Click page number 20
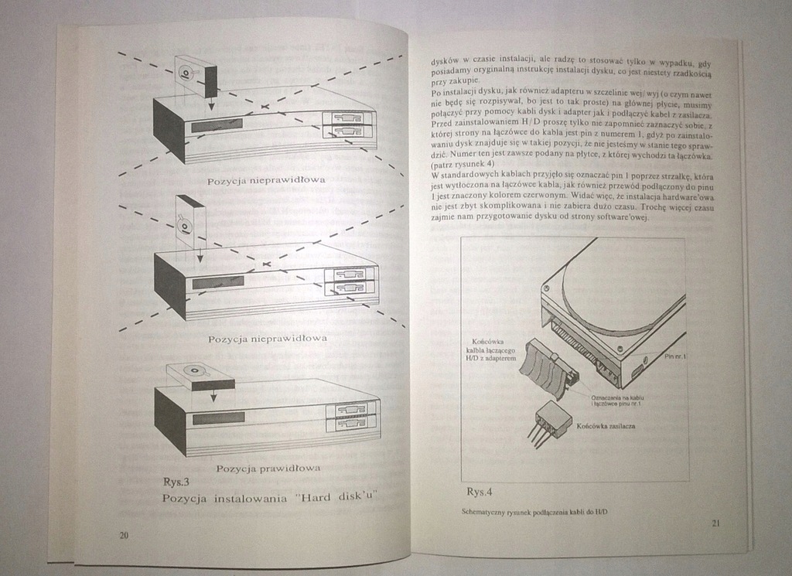tap(125, 535)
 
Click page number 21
tap(715, 523)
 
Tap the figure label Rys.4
tap(480, 492)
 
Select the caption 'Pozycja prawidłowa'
tap(268, 468)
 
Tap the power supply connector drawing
tap(552, 420)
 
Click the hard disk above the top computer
tap(193, 75)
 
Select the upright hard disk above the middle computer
tap(189, 220)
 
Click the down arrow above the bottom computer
tap(213, 394)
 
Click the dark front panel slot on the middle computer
tap(218, 282)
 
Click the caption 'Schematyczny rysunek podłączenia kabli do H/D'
tap(534, 513)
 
